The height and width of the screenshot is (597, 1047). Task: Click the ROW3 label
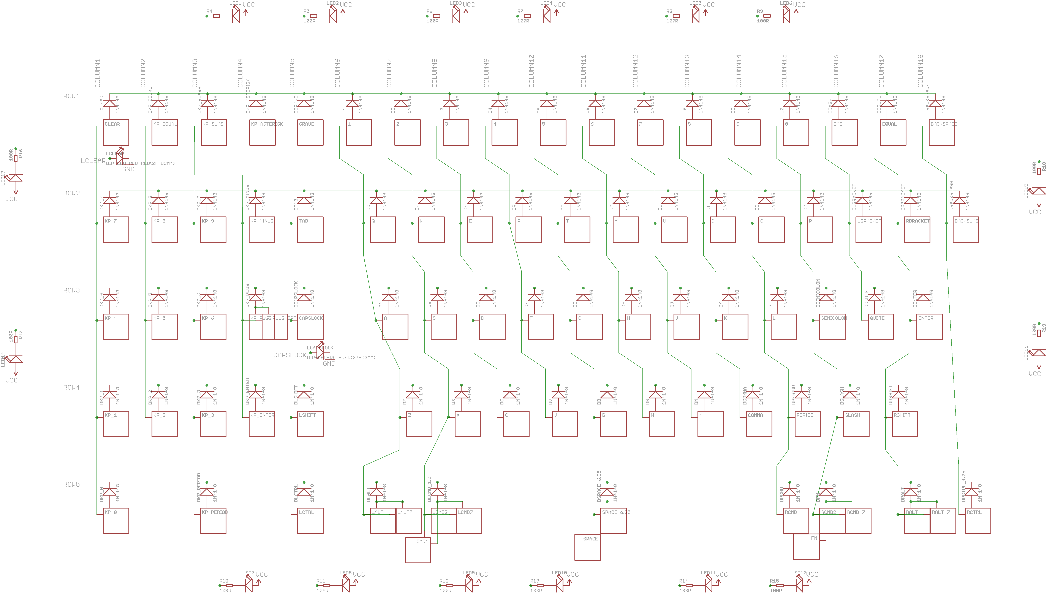71,290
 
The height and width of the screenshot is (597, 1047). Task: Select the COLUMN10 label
531,71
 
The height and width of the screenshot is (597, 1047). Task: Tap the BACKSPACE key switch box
942,133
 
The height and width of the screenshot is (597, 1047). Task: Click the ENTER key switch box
929,327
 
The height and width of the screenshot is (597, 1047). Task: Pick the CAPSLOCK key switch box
310,327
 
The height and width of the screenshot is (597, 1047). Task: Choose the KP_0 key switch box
116,521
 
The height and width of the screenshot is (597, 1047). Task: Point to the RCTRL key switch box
978,521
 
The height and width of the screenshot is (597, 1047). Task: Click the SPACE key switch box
587,547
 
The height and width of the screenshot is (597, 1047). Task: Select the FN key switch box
806,546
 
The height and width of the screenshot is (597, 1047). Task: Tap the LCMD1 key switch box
418,550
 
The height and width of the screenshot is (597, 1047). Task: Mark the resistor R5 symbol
313,16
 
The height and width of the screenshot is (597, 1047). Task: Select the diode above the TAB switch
304,201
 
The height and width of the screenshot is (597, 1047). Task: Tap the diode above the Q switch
376,201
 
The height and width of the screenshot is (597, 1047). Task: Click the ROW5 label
71,485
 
